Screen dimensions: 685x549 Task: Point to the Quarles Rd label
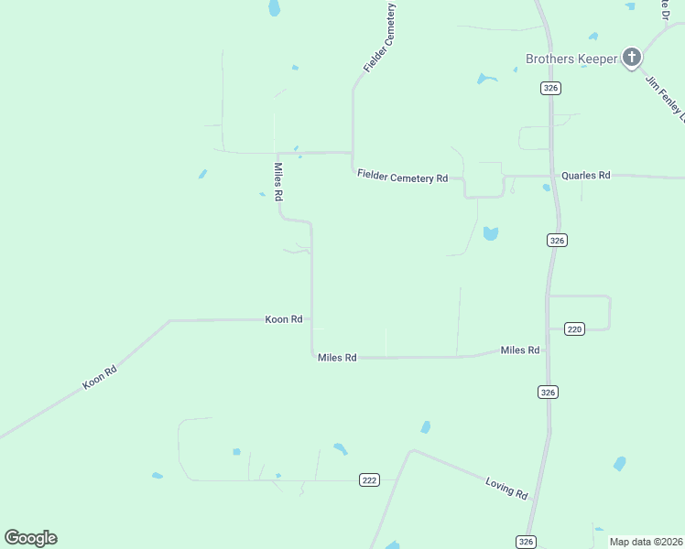click(x=585, y=175)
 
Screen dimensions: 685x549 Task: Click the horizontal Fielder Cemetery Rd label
click(x=402, y=177)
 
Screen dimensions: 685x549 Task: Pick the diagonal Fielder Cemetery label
click(x=380, y=39)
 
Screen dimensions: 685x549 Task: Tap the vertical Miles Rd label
click(x=278, y=182)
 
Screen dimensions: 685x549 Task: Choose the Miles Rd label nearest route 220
click(x=520, y=350)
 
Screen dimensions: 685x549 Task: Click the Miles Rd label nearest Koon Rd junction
click(x=337, y=358)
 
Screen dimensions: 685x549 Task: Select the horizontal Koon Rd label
click(x=284, y=319)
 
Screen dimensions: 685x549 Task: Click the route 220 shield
click(x=574, y=329)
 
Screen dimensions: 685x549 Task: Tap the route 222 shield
click(x=369, y=480)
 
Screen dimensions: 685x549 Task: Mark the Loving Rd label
click(x=507, y=487)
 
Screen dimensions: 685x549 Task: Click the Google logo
click(x=30, y=538)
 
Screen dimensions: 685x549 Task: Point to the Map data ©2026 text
click(x=646, y=542)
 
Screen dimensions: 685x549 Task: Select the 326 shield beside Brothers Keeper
click(x=550, y=88)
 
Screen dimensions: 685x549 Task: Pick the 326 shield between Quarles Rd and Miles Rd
click(x=558, y=240)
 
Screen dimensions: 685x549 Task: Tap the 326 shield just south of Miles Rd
click(x=548, y=392)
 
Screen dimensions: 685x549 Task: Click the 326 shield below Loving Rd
click(x=526, y=541)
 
